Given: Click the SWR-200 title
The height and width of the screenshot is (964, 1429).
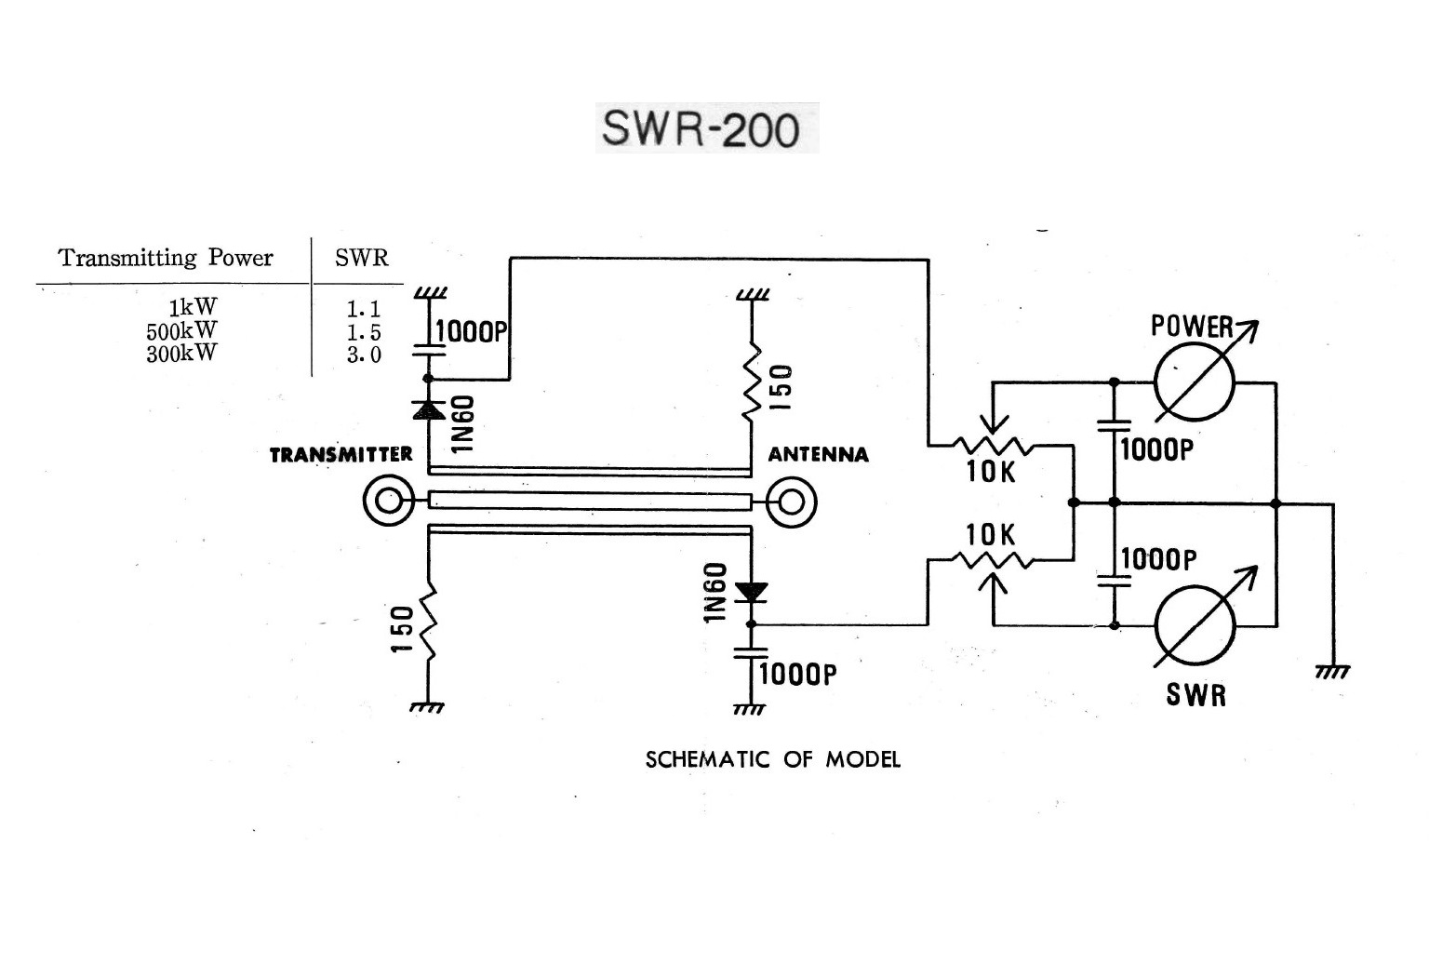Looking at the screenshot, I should pos(700,128).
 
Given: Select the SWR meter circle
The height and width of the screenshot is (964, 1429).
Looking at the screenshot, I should pos(1195,624).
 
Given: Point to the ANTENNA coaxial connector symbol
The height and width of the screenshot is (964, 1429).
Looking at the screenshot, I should pos(791,502).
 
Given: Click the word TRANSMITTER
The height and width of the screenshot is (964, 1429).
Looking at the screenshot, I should pos(341,455).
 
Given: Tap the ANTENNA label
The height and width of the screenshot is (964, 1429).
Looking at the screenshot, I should pos(818,455).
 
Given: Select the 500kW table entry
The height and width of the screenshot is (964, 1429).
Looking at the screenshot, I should pos(181,330).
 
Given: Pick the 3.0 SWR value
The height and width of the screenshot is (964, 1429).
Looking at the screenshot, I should pos(364,355).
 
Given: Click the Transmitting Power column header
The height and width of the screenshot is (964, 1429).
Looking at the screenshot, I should pos(166,258).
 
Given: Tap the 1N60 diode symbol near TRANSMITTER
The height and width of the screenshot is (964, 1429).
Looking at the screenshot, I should pos(428,408).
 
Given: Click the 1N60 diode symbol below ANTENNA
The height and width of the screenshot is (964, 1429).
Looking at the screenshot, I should pos(750,591).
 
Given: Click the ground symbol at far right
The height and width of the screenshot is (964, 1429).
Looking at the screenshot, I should pos(1332,671).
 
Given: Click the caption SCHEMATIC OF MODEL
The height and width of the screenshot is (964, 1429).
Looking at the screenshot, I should pos(772,759).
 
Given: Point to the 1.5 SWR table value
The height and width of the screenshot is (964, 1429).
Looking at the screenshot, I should pos(364,332).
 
